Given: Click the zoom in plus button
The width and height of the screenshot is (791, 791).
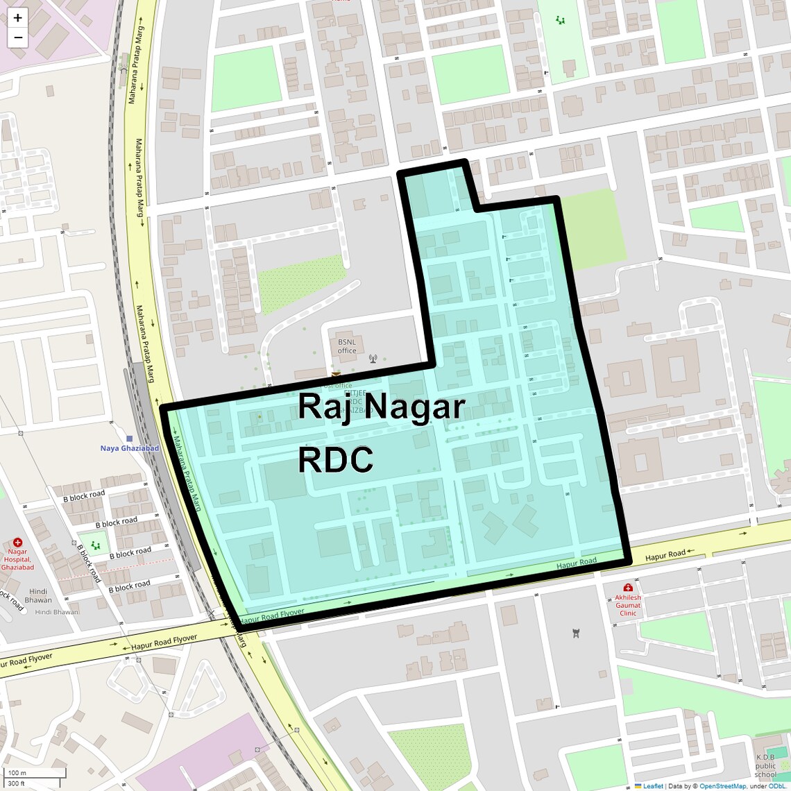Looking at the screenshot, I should pyautogui.click(x=17, y=18).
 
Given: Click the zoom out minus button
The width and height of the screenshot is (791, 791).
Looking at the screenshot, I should pyautogui.click(x=17, y=37).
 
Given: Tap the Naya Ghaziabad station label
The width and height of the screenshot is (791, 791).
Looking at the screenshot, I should pyautogui.click(x=129, y=448).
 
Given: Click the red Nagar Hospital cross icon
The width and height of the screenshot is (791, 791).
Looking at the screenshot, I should pyautogui.click(x=17, y=543).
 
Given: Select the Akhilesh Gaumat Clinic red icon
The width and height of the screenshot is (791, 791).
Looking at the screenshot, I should pyautogui.click(x=628, y=588).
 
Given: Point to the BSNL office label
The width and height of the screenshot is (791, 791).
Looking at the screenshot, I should pyautogui.click(x=347, y=346).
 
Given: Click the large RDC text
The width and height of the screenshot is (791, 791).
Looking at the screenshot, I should pyautogui.click(x=336, y=459).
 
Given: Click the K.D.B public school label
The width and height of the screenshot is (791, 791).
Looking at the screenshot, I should pyautogui.click(x=765, y=766).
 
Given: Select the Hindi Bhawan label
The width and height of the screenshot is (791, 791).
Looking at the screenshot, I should pyautogui.click(x=38, y=596).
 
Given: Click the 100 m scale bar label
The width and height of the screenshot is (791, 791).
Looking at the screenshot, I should pyautogui.click(x=17, y=772).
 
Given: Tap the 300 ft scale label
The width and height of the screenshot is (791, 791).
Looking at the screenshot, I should pyautogui.click(x=17, y=783).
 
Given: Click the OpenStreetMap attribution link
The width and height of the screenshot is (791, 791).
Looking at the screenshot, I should pyautogui.click(x=722, y=786).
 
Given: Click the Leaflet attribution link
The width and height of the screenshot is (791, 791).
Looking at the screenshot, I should pyautogui.click(x=653, y=786).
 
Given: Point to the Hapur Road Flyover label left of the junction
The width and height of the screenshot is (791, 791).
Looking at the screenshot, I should pyautogui.click(x=164, y=643).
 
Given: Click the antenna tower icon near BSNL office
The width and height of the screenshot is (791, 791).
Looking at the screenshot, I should pyautogui.click(x=373, y=359).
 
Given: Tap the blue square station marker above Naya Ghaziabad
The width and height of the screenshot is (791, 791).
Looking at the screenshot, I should pyautogui.click(x=129, y=439).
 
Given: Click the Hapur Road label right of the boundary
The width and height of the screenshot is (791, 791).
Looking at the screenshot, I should pyautogui.click(x=665, y=555).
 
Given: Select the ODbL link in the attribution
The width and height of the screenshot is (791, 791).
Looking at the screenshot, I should pyautogui.click(x=776, y=786).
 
